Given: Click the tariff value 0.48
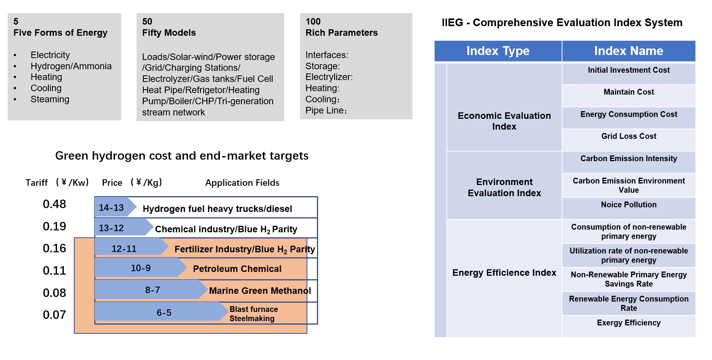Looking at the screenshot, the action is (54, 204).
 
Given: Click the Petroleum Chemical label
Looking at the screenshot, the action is (237, 269).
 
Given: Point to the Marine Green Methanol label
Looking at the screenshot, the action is (260, 291).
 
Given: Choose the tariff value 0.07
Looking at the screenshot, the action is (54, 315).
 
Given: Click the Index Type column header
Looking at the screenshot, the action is (498, 51).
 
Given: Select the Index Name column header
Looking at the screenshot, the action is (629, 51).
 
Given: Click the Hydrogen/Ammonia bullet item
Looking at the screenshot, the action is (71, 66).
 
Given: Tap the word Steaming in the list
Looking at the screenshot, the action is (50, 99).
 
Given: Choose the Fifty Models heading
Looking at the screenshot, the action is (169, 33).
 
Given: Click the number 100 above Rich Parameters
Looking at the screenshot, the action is (313, 22).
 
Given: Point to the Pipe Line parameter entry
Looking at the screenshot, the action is (326, 110).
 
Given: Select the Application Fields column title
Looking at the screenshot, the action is (242, 183).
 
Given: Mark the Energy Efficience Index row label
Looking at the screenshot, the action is (504, 273).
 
